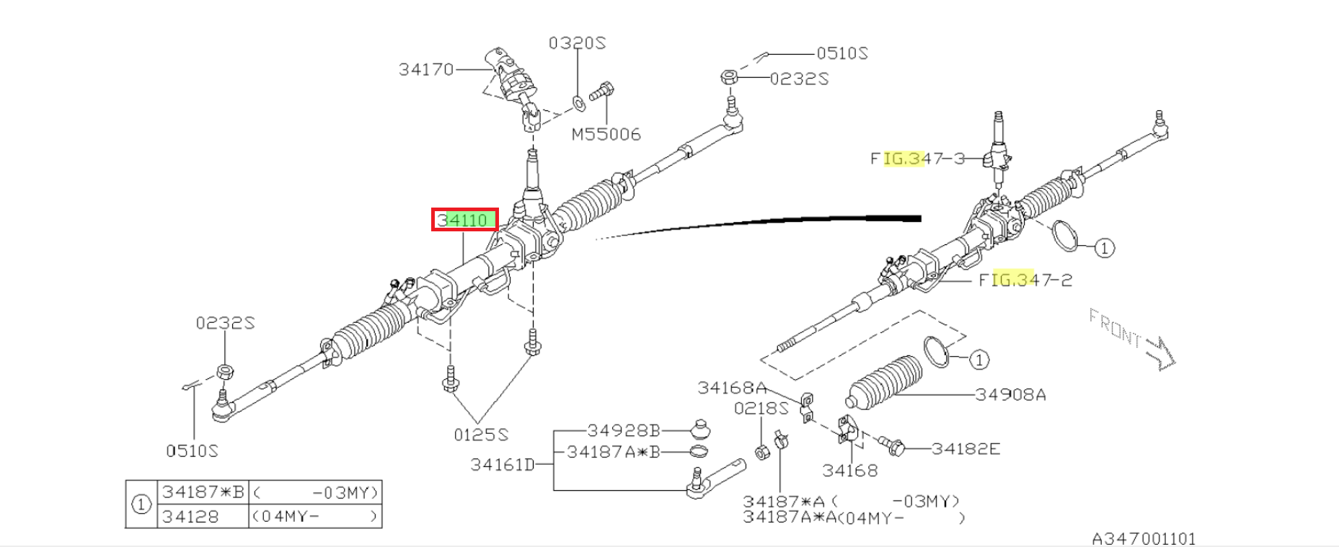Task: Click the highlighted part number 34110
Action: [465, 220]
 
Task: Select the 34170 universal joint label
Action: [426, 69]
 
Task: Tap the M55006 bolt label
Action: [606, 134]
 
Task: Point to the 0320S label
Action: [577, 43]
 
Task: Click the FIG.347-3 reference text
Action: [917, 158]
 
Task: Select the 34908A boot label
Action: [1011, 394]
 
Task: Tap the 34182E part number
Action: [965, 448]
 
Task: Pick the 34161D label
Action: [503, 464]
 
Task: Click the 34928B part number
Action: [624, 430]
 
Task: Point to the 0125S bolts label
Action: [481, 435]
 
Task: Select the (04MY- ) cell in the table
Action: [315, 516]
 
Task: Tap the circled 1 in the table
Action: [141, 504]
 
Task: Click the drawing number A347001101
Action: [1144, 538]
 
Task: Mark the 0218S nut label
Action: [761, 409]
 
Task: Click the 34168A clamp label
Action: [732, 388]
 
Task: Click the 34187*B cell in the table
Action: [203, 492]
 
